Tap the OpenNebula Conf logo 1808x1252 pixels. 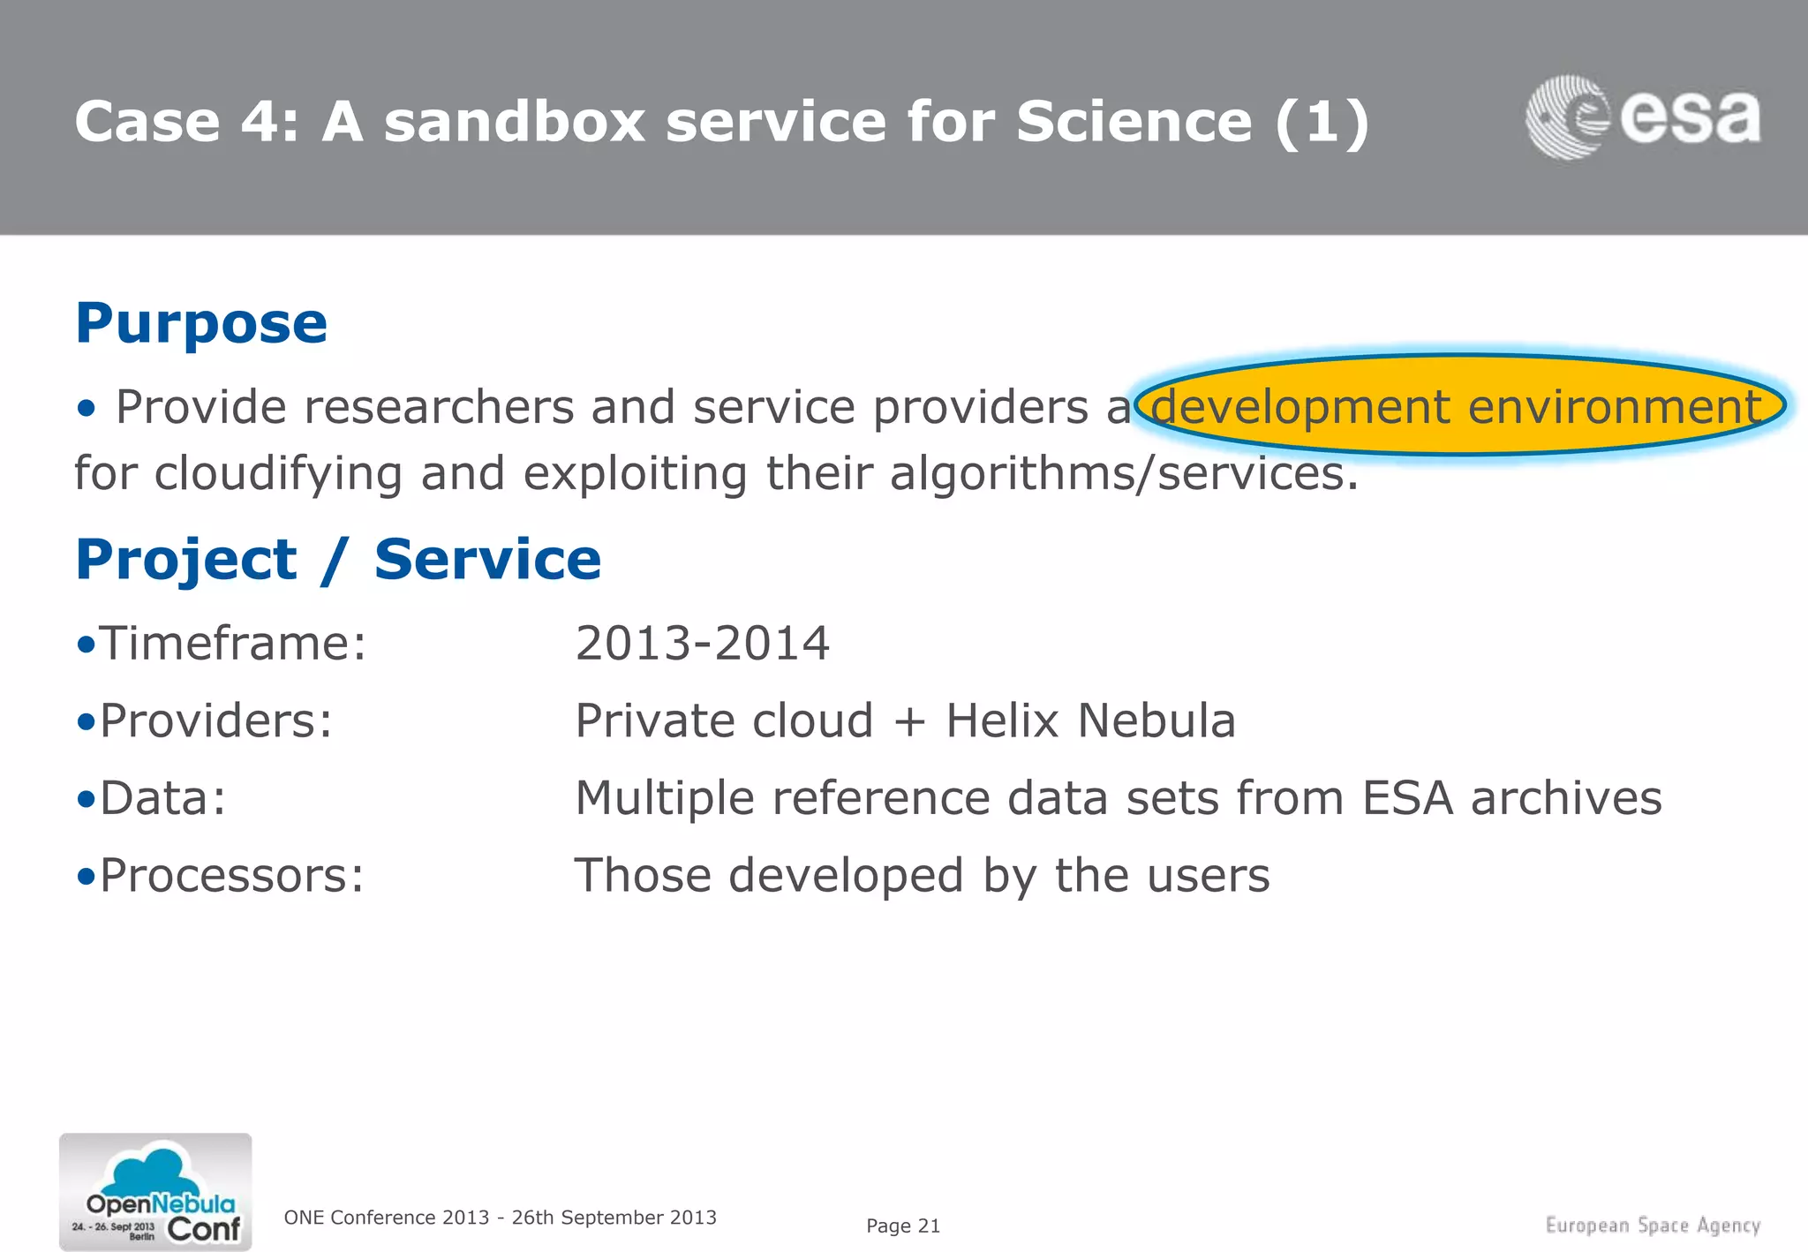click(155, 1192)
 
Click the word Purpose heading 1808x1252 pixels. click(201, 323)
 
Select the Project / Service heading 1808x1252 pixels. click(338, 560)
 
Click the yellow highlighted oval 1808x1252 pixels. click(1458, 406)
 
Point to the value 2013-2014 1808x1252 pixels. click(702, 643)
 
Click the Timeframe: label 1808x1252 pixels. click(232, 643)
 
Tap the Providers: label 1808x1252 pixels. click(215, 720)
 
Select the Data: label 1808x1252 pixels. click(162, 798)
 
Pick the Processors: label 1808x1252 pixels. click(231, 876)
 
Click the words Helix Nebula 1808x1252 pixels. click(1090, 720)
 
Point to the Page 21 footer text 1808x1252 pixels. click(903, 1226)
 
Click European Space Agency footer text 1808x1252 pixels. click(1653, 1226)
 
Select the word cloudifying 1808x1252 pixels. click(278, 474)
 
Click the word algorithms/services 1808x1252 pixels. click(1123, 474)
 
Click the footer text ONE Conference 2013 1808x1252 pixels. click(387, 1218)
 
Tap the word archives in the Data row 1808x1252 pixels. click(1565, 798)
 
